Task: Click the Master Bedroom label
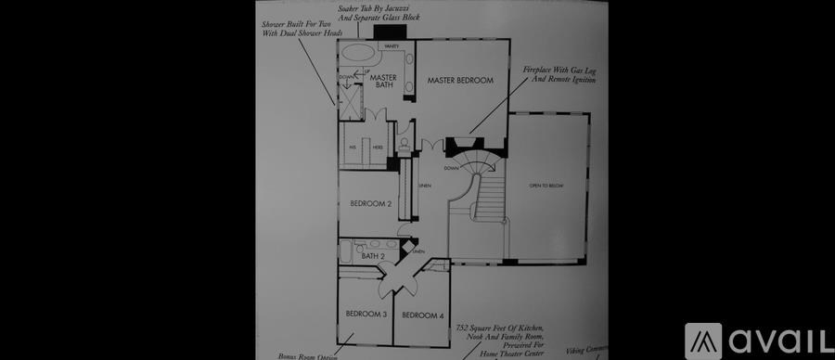[x=460, y=82]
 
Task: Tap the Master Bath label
[x=383, y=82]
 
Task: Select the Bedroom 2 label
[x=370, y=203]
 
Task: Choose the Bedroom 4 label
[x=422, y=316]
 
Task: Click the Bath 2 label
[x=373, y=256]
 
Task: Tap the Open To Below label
[x=546, y=186]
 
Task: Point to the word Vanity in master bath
[x=392, y=45]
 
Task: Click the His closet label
[x=353, y=148]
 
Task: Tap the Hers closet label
[x=378, y=148]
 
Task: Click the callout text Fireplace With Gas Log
[x=559, y=75]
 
